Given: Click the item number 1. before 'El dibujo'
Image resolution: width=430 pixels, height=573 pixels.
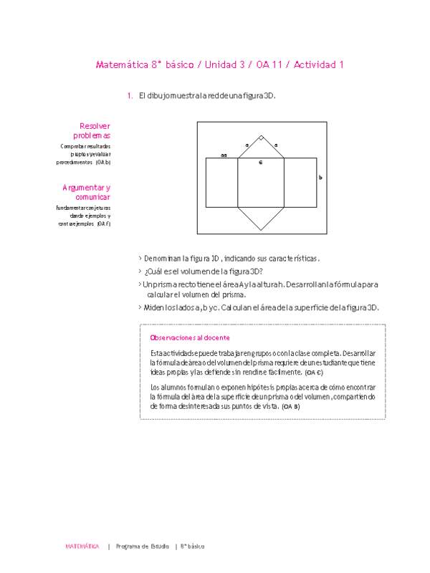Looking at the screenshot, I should pyautogui.click(x=130, y=95).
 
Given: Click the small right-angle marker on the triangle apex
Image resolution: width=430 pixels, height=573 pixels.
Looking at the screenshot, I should pyautogui.click(x=261, y=138).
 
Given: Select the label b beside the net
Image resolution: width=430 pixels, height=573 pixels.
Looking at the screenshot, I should pyautogui.click(x=320, y=177).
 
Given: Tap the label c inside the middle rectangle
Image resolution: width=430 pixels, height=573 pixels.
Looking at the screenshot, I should pyautogui.click(x=261, y=163).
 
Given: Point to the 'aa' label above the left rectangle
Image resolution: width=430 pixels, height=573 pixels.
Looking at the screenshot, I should pyautogui.click(x=224, y=155).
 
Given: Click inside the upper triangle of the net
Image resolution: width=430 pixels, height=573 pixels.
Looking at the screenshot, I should pyautogui.click(x=261, y=150).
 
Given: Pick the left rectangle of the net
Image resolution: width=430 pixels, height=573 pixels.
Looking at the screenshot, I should pyautogui.click(x=221, y=183).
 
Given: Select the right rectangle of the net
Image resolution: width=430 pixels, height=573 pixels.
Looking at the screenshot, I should pyautogui.click(x=300, y=183).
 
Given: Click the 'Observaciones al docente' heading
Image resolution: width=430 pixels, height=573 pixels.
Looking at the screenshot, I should pyautogui.click(x=189, y=337).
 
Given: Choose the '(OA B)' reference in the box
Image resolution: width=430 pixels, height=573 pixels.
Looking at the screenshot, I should pyautogui.click(x=290, y=406).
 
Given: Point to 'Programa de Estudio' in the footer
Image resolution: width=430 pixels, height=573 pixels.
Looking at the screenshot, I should pyautogui.click(x=143, y=546).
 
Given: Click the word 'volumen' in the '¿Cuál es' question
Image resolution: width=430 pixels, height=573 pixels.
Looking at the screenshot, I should pyautogui.click(x=214, y=271).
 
